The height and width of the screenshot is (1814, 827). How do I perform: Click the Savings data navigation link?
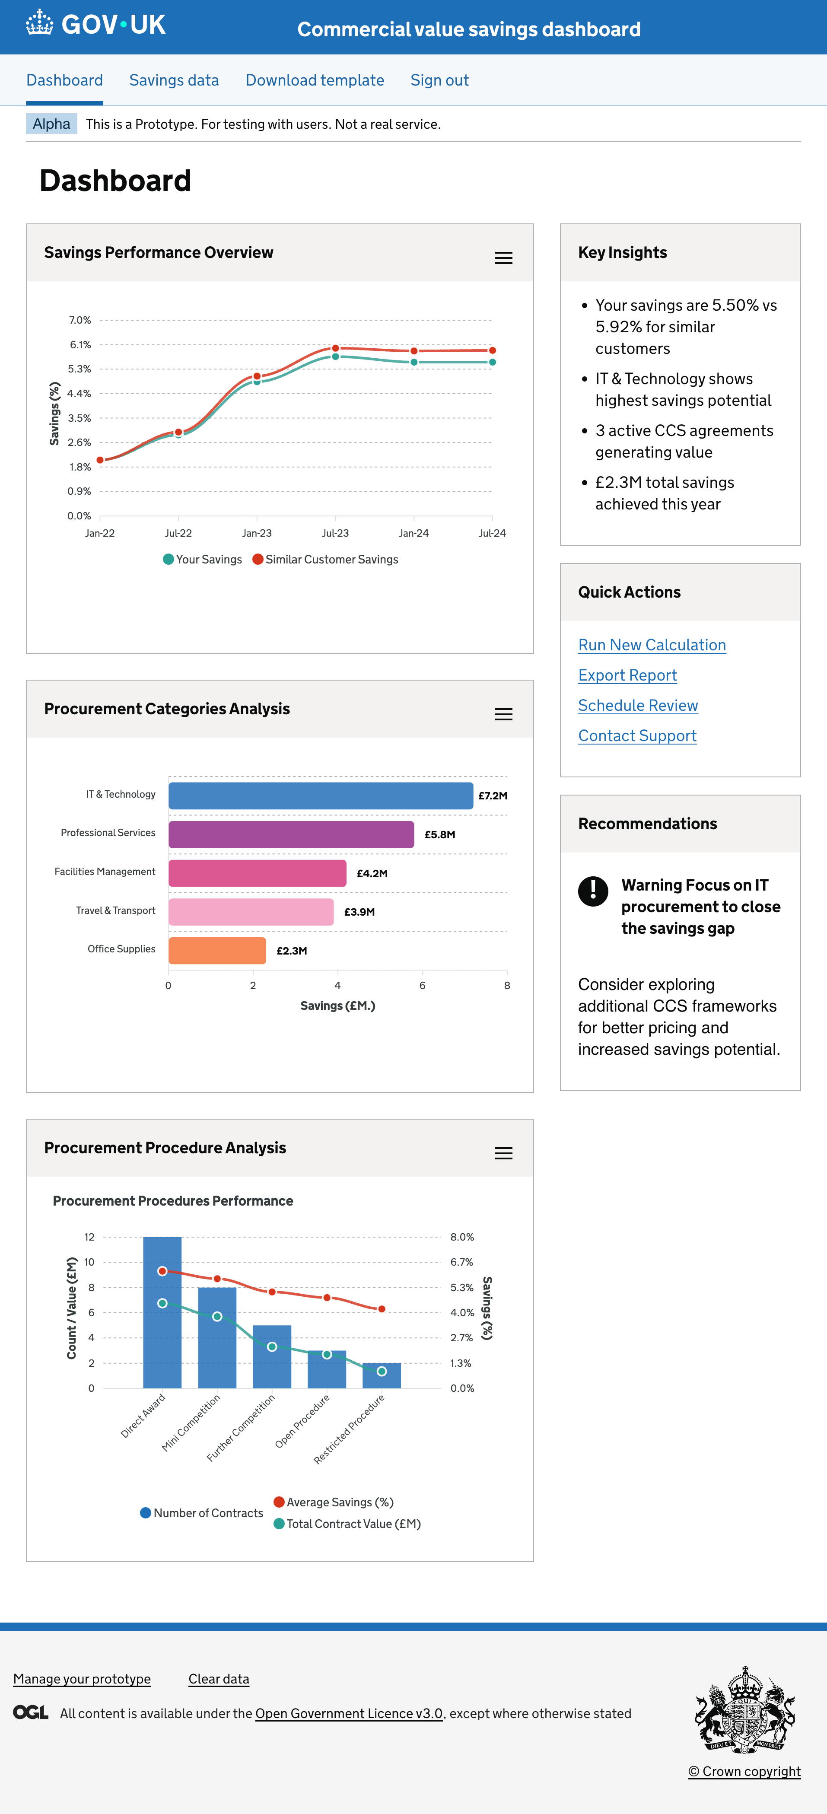tap(174, 80)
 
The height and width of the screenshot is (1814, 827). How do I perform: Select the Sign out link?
tap(439, 80)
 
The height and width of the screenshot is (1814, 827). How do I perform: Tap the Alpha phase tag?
tap(51, 124)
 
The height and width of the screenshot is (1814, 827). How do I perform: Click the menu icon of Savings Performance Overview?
tap(503, 258)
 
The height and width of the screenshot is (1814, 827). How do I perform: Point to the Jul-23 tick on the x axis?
tap(335, 533)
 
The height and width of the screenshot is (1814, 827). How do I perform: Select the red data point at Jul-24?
tap(493, 350)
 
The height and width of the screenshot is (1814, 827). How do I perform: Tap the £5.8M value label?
tap(439, 834)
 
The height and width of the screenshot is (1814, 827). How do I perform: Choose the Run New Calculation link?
tap(652, 645)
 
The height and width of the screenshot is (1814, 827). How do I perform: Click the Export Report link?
tap(627, 675)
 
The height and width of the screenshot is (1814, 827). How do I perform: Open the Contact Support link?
tap(637, 736)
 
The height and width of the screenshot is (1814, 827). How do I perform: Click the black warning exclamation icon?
tap(593, 891)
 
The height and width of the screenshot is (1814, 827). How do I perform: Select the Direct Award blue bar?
tap(162, 1338)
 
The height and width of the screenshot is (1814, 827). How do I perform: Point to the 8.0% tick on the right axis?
tap(462, 1237)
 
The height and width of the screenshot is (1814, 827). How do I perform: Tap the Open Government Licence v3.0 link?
tap(349, 1713)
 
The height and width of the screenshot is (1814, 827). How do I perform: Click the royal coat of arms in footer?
tap(744, 1710)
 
